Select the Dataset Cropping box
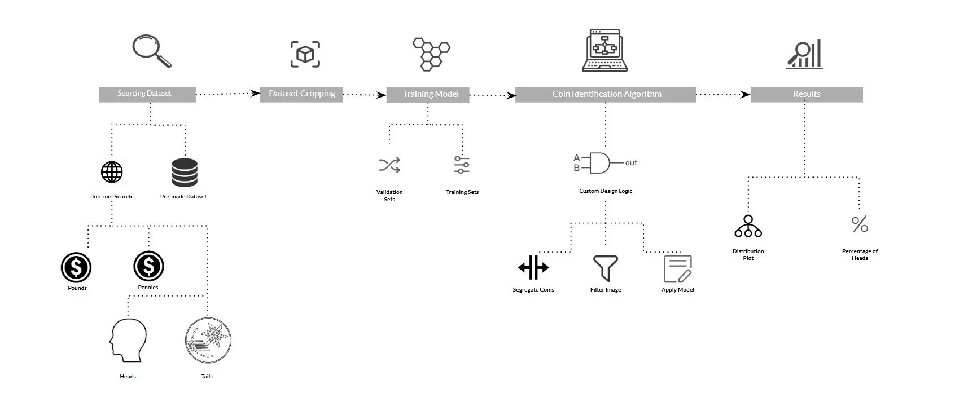click(301, 94)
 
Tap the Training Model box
click(430, 95)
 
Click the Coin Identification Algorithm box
click(606, 94)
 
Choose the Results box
click(806, 94)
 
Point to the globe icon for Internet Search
click(112, 172)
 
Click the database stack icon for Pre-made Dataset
click(184, 173)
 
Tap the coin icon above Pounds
click(76, 267)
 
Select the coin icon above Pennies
click(148, 266)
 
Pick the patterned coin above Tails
click(208, 339)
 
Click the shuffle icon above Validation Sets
click(389, 165)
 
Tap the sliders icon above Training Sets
click(462, 165)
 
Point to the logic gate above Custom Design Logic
click(600, 163)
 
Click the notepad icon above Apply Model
click(677, 269)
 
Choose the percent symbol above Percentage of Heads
click(860, 224)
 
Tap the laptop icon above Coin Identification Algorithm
click(604, 51)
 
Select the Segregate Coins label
click(533, 290)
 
